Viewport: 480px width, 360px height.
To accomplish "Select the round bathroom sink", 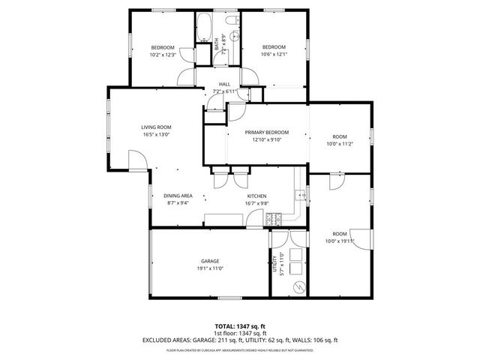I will pos(234,36).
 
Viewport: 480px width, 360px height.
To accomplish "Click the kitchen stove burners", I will pos(274,220).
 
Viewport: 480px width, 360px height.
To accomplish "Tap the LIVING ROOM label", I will pos(156,127).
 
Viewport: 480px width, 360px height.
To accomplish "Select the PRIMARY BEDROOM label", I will pos(267,132).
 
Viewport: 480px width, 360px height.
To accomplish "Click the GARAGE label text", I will pos(209,261).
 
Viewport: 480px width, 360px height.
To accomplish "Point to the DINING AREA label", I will pos(178,196).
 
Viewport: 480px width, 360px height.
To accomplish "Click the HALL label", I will pos(224,84).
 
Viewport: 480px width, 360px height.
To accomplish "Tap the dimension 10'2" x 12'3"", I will pos(162,55).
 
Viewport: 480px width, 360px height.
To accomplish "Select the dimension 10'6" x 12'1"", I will pos(273,54).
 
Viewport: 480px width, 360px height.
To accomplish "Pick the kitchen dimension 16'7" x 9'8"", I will pos(256,203).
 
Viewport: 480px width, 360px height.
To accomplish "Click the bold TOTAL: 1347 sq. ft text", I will pos(241,326).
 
